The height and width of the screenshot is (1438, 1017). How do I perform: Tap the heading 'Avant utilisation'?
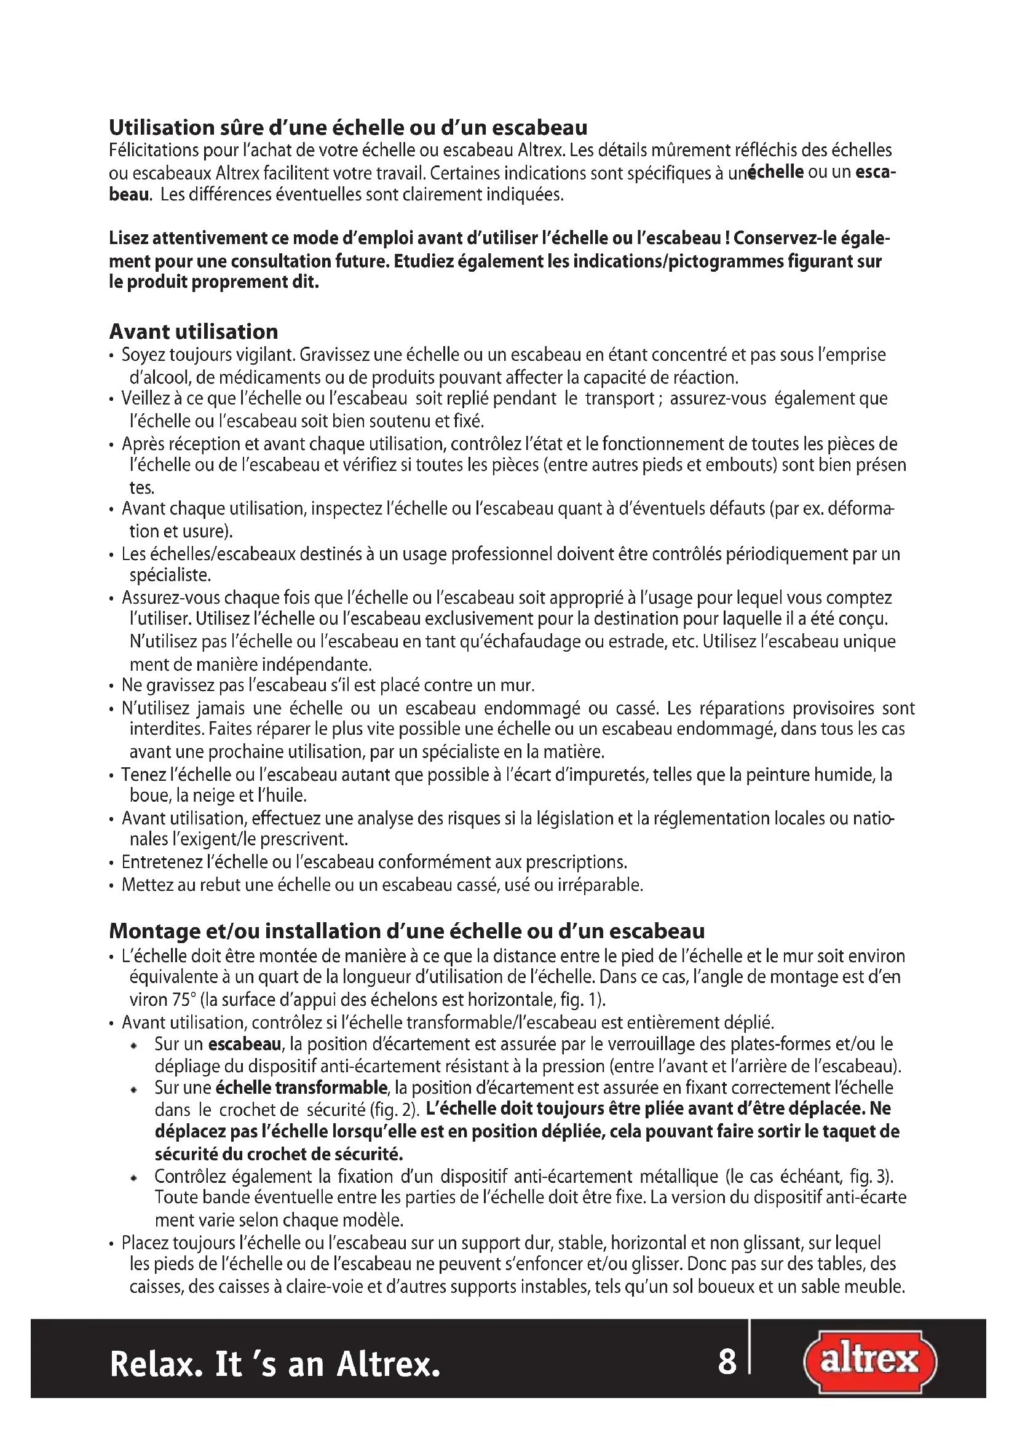pos(194,331)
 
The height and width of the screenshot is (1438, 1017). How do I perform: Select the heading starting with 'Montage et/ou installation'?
pos(406,931)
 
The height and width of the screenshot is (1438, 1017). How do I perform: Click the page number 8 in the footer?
pos(726,1362)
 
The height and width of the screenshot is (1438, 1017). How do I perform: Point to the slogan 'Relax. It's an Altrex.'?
pos(275,1364)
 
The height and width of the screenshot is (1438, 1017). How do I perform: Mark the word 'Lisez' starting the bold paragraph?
pos(129,239)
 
